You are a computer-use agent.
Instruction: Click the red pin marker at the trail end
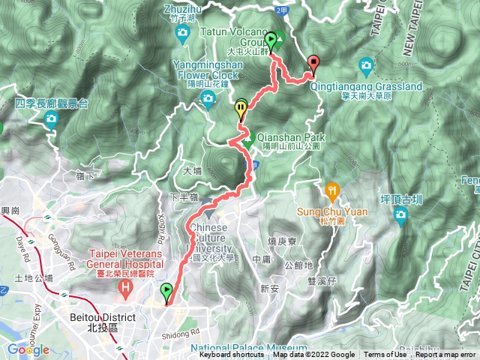313,64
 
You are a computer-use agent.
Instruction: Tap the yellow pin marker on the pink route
241,109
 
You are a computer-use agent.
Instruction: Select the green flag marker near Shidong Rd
166,292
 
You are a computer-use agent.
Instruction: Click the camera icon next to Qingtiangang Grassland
366,64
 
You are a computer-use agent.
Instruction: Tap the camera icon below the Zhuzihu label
182,32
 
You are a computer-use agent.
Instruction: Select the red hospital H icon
126,286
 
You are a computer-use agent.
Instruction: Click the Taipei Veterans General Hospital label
125,259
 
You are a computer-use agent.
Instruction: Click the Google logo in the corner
28,349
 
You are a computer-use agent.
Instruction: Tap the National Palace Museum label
248,348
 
